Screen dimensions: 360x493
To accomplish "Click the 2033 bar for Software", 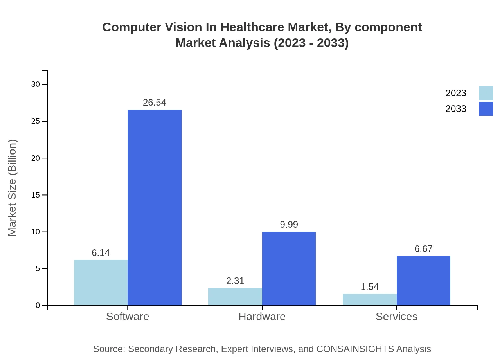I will coord(155,207).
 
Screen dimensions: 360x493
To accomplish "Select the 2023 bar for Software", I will coord(101,283).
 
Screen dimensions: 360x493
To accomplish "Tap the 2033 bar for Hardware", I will coord(289,268).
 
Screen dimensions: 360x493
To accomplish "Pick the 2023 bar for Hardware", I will coord(235,297).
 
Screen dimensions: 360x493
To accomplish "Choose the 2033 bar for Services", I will coord(423,281).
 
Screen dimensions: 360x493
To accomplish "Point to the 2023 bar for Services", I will coord(370,299).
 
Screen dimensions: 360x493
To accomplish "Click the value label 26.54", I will coord(155,103).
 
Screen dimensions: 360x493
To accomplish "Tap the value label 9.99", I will coord(289,225).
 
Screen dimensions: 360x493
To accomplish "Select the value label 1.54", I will coord(370,287).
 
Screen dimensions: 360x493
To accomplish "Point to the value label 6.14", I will coord(101,253).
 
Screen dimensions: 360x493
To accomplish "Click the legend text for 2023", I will coord(456,93).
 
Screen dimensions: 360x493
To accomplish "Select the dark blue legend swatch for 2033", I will coord(486,109).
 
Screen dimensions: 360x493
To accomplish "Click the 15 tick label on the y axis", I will coord(36,195).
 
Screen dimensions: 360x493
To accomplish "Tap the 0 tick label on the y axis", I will coord(38,306).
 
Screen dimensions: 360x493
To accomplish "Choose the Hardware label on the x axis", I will coord(262,316).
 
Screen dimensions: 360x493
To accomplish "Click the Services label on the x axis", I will coord(396,316).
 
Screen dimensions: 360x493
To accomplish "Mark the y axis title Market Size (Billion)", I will coord(13,188).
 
